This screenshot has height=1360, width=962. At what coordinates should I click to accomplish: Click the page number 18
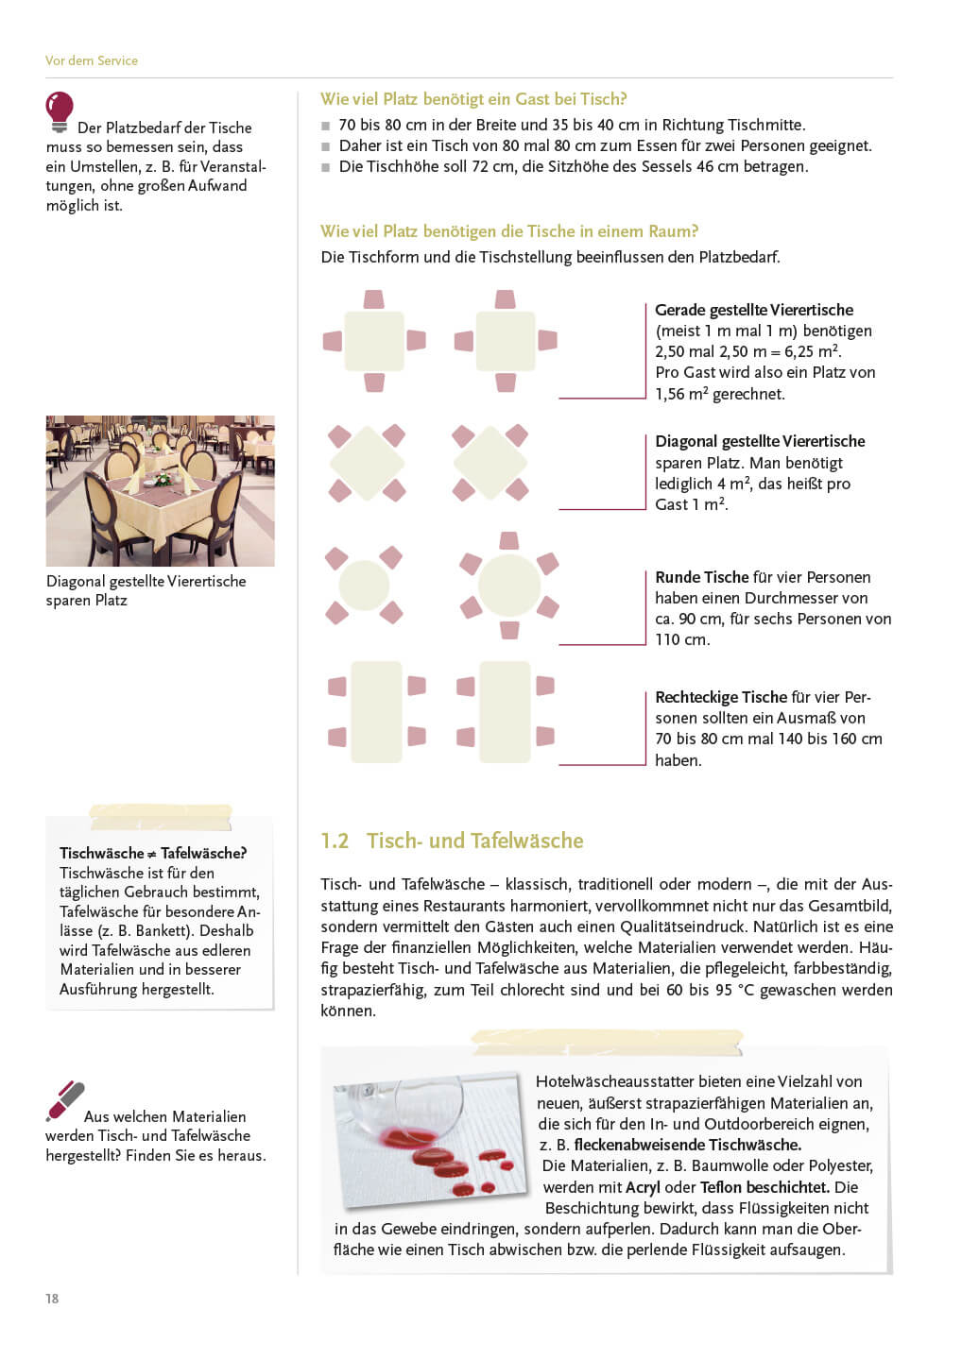point(52,1299)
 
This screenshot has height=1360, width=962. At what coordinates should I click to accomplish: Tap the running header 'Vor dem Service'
point(92,60)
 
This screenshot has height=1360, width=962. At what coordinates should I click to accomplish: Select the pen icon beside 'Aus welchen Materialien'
point(65,1101)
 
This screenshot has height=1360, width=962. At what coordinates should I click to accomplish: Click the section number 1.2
point(335,841)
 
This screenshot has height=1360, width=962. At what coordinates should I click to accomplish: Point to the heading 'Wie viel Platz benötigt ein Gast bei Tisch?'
point(473,99)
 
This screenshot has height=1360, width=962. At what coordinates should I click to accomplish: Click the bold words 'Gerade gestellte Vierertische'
point(754,310)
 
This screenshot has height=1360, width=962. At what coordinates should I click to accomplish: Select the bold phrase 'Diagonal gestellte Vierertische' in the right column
point(760,441)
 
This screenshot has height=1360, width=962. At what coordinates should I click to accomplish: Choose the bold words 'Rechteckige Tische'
point(721,697)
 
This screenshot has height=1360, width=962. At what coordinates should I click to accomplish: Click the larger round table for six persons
point(509,586)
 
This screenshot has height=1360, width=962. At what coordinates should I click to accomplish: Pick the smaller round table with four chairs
point(364,586)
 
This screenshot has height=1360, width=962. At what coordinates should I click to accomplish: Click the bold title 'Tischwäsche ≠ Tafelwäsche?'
point(153,853)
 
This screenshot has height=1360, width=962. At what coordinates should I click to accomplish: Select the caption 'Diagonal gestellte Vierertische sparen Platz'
point(146,590)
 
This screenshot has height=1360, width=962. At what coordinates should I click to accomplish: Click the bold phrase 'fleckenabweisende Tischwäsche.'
point(687,1145)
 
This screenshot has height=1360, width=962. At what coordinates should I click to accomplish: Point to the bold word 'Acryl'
point(643,1187)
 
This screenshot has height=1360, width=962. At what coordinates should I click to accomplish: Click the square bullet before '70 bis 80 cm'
point(326,126)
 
